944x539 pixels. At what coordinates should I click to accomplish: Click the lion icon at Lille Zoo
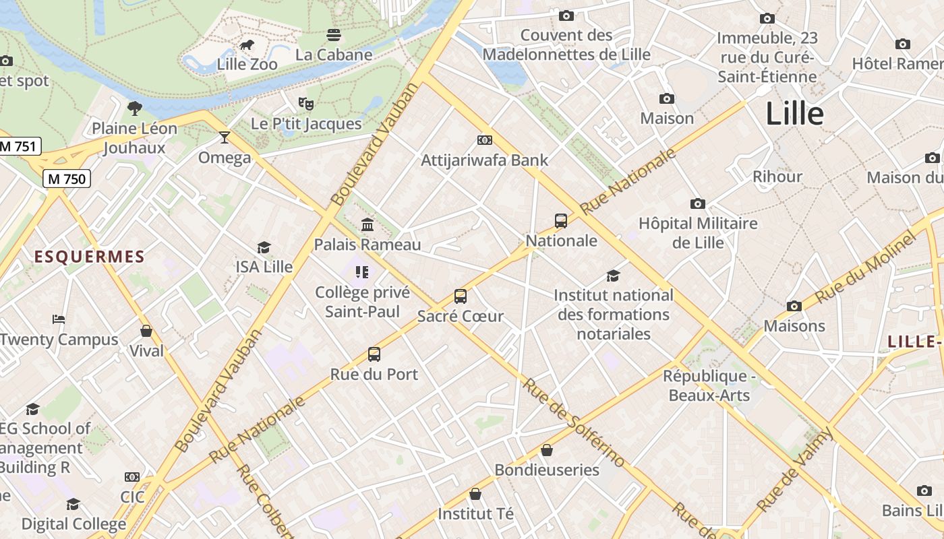tap(247, 46)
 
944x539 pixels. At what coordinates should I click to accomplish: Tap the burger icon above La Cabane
tap(334, 34)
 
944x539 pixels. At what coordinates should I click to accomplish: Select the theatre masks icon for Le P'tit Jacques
tap(306, 104)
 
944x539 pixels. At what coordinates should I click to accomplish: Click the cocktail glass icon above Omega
tap(225, 137)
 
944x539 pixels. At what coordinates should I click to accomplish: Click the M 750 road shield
tap(66, 179)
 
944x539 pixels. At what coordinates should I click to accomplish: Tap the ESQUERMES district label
tap(90, 257)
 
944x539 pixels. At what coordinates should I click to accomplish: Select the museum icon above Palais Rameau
tap(367, 224)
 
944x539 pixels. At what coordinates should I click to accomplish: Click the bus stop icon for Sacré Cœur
tap(461, 296)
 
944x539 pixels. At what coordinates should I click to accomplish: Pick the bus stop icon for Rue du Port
tap(374, 354)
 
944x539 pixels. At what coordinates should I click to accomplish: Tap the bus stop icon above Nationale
tap(561, 220)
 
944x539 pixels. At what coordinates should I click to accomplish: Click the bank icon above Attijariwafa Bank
tap(484, 140)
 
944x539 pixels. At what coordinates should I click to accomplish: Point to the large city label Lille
tap(794, 114)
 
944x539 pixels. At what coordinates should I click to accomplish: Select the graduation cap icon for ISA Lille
tap(264, 247)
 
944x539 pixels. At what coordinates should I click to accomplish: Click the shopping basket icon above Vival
tap(146, 331)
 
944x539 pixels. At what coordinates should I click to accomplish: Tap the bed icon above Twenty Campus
tap(59, 319)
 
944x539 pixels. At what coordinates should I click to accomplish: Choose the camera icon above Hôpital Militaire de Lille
tap(698, 203)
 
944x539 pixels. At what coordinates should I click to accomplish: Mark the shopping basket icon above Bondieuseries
tap(547, 450)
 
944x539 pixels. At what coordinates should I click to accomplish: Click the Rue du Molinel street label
tap(866, 267)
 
